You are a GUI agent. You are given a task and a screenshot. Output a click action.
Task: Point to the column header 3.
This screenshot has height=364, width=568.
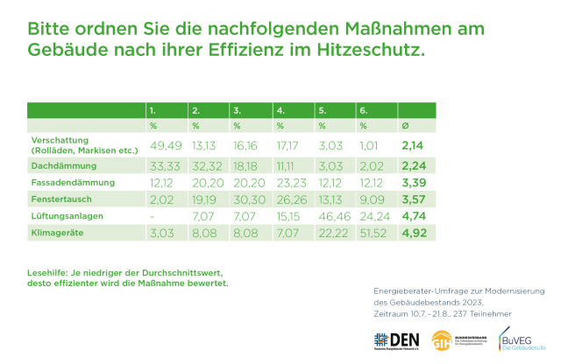[x=238, y=111]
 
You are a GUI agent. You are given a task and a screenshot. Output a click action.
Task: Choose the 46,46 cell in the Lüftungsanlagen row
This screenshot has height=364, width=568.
[x=335, y=217]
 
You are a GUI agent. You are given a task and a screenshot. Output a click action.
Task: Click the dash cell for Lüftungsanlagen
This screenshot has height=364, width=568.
[x=153, y=217]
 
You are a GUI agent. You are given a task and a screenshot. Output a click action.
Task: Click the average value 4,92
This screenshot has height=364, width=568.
[x=414, y=234]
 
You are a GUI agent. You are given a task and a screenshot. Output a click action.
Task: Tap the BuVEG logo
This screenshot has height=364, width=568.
[x=518, y=339]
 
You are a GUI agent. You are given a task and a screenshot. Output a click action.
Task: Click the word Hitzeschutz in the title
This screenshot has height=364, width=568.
[x=370, y=50]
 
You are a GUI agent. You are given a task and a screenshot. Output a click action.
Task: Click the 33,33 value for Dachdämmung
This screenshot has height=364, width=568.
[x=166, y=164]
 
